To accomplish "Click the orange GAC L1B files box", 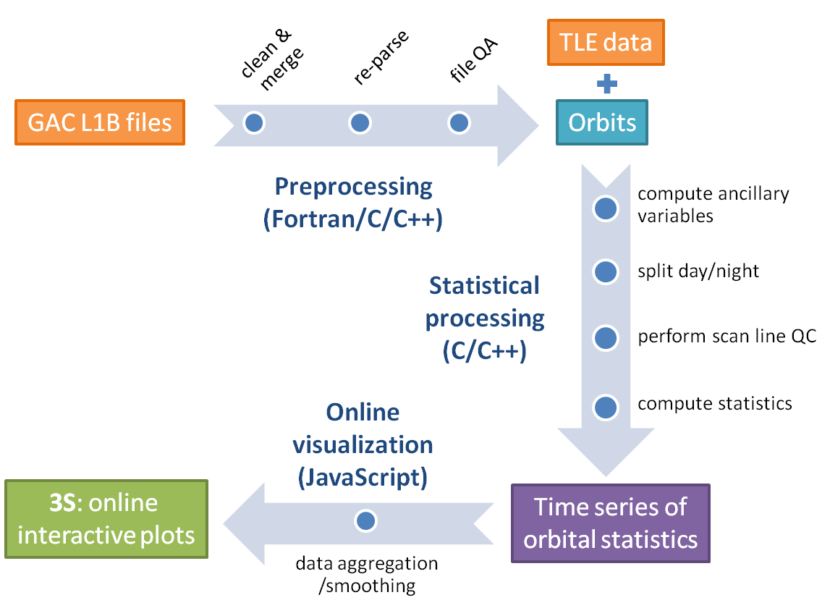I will pyautogui.click(x=100, y=122).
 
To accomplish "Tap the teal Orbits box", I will pyautogui.click(x=602, y=122).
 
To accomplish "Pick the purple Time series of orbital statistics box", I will pyautogui.click(x=611, y=523).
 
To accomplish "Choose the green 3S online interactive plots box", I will pyautogui.click(x=106, y=519).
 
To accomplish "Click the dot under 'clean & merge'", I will pyautogui.click(x=254, y=123).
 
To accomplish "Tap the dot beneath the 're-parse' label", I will pyautogui.click(x=360, y=123).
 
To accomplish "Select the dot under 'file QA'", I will pyautogui.click(x=458, y=123).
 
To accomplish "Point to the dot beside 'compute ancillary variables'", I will pyautogui.click(x=606, y=209).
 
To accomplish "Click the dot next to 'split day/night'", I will pyautogui.click(x=606, y=272).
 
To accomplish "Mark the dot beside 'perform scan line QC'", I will pyautogui.click(x=606, y=337).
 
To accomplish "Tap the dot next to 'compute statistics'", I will pyautogui.click(x=606, y=407).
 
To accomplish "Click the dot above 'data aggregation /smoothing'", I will pyautogui.click(x=366, y=520).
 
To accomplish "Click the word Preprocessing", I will pyautogui.click(x=353, y=187).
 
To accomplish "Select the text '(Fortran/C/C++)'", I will pyautogui.click(x=353, y=219).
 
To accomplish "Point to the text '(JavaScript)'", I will pyautogui.click(x=363, y=477).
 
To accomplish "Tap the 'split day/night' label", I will pyautogui.click(x=698, y=272).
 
